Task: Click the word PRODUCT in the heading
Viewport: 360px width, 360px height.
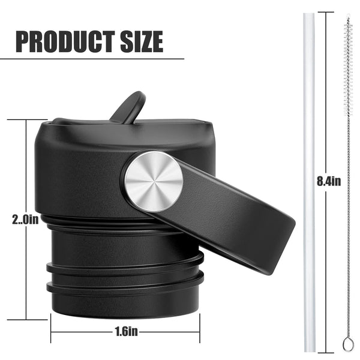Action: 65,41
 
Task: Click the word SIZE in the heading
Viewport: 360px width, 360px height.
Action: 142,41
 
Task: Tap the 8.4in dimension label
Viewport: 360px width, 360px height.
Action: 329,181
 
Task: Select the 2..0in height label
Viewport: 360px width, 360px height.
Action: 25,220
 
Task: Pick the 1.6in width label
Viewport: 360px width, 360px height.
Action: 126,331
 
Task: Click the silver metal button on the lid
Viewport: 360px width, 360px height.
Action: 154,181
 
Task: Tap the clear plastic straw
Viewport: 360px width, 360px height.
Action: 309,182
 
